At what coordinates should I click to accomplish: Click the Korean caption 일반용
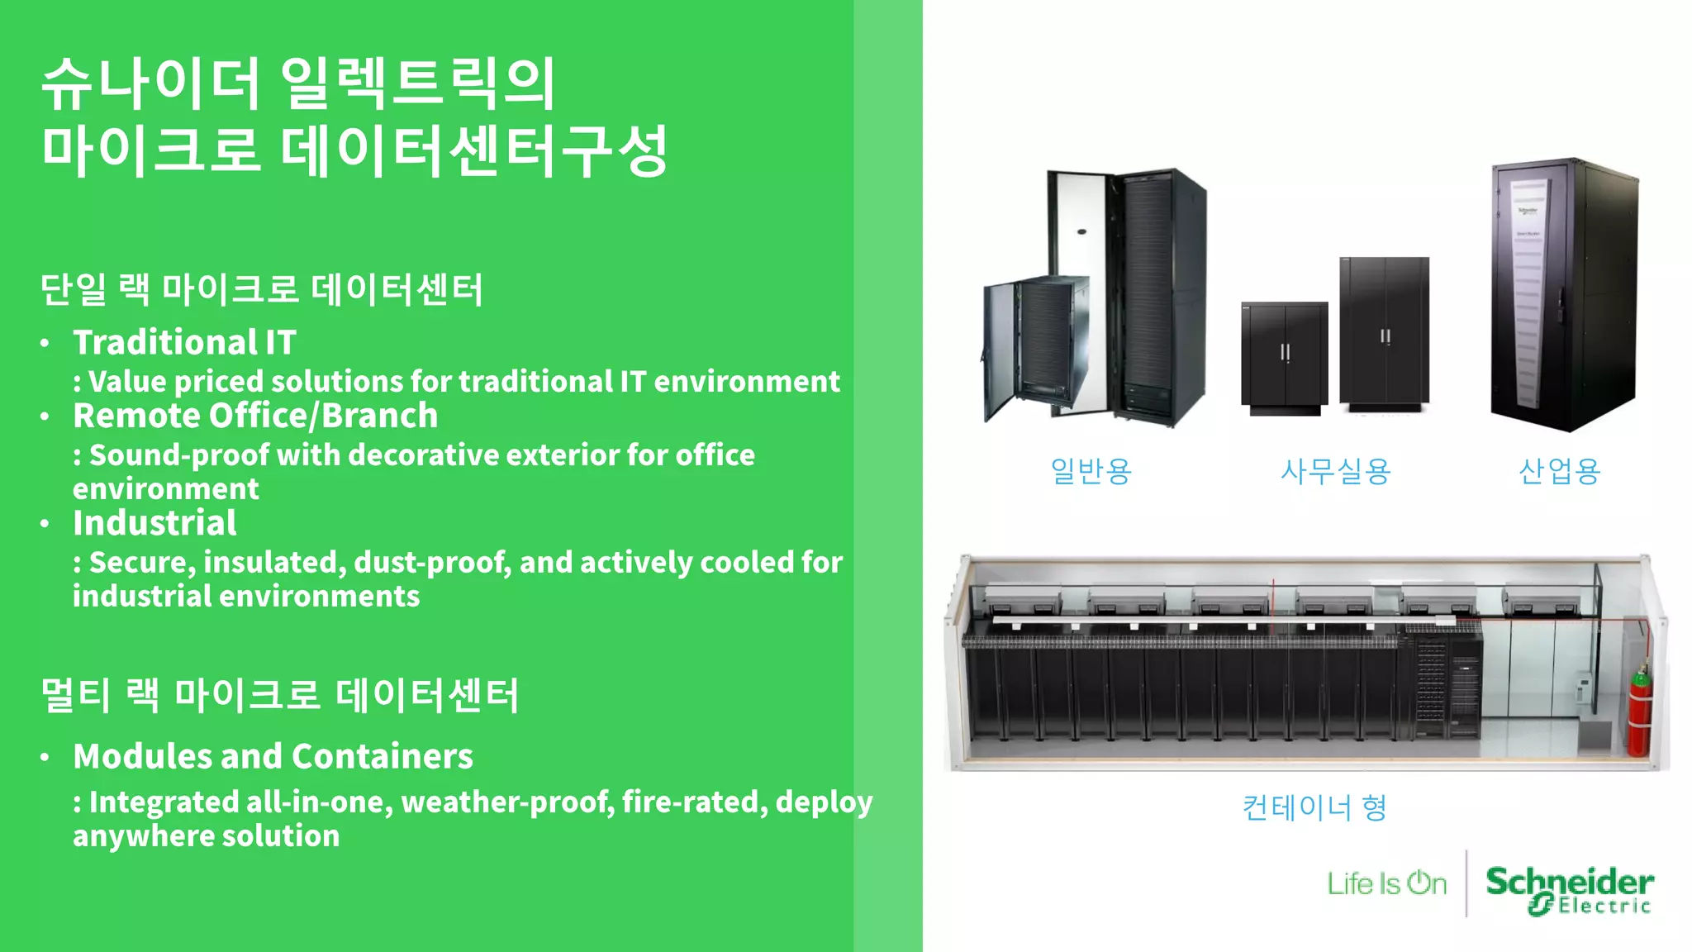coord(1091,471)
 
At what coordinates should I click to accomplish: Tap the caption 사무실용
coord(1335,471)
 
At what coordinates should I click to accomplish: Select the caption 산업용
coord(1559,471)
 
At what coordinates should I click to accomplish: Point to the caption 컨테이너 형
coord(1314,807)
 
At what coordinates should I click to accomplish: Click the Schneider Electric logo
coord(1569,890)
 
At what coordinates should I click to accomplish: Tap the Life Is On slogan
coord(1387,883)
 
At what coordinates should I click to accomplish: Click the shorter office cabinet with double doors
coord(1285,357)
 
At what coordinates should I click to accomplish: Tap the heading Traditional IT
coord(184,342)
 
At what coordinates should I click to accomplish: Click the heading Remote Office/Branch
coord(255,416)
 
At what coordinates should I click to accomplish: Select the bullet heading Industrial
coord(154,523)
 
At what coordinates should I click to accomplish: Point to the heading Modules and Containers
coord(273,756)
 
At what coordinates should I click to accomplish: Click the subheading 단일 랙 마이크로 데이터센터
coord(261,290)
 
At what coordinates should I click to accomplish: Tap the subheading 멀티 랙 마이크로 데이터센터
coord(279,695)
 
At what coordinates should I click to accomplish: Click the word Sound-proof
coord(179,455)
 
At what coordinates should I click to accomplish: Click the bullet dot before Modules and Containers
coord(45,757)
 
